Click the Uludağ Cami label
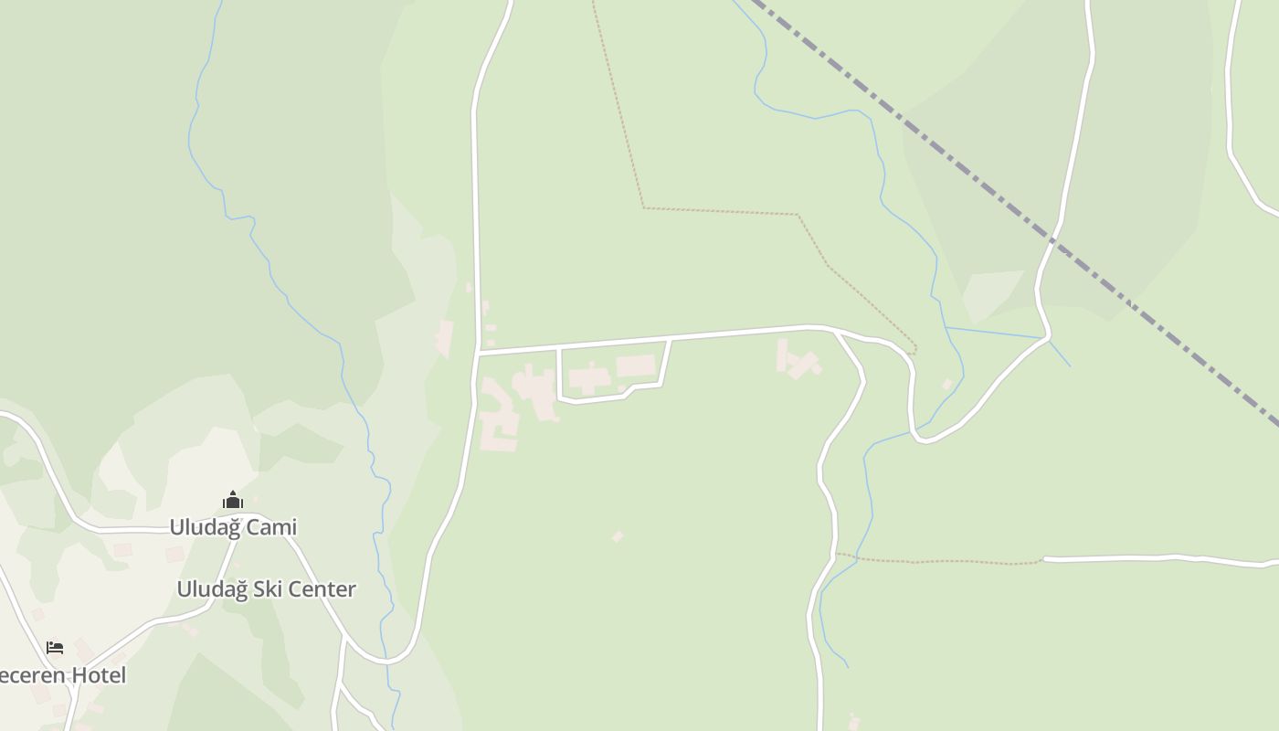(x=233, y=527)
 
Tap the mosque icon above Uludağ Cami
(x=233, y=500)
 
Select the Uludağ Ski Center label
(x=266, y=589)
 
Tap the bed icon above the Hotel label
(x=55, y=648)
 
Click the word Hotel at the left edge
(x=95, y=675)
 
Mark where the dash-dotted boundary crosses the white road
(x=1053, y=240)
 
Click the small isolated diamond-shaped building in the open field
(x=618, y=536)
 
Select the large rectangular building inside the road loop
(x=636, y=366)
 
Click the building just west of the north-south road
(x=445, y=337)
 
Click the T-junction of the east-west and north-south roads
(x=478, y=351)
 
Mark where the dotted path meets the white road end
(x=1044, y=559)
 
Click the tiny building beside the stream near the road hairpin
(x=947, y=384)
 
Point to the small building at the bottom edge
(x=854, y=722)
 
